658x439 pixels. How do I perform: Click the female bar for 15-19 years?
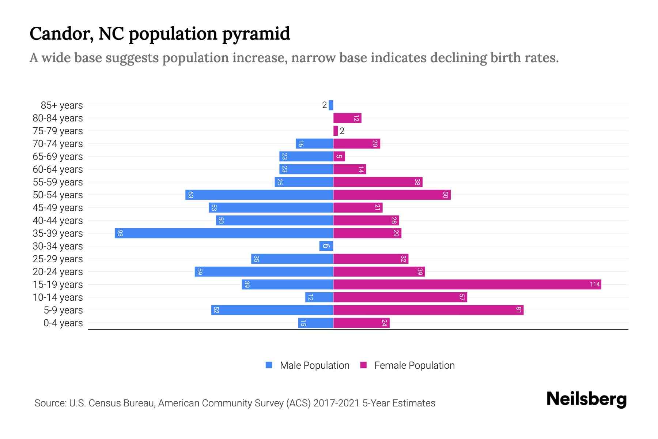click(467, 284)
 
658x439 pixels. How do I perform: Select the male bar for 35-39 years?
click(224, 233)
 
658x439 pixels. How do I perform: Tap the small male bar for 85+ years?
click(331, 105)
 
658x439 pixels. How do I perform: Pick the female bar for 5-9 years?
click(428, 310)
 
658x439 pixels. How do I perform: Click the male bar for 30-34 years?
click(326, 246)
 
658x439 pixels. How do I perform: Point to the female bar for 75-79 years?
click(336, 131)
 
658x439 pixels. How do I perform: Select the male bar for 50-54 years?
click(259, 195)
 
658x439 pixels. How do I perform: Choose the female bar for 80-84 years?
click(347, 118)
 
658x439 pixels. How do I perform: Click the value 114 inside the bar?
click(594, 284)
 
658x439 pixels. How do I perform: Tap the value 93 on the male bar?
click(120, 233)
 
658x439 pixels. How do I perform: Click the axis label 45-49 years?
click(58, 207)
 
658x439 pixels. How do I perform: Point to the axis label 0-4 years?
click(63, 323)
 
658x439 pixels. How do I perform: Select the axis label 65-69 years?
click(58, 156)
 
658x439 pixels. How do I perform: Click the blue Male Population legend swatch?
click(269, 365)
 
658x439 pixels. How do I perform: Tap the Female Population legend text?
click(414, 365)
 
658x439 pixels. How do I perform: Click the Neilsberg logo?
click(586, 399)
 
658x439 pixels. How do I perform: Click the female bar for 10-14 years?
click(400, 297)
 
